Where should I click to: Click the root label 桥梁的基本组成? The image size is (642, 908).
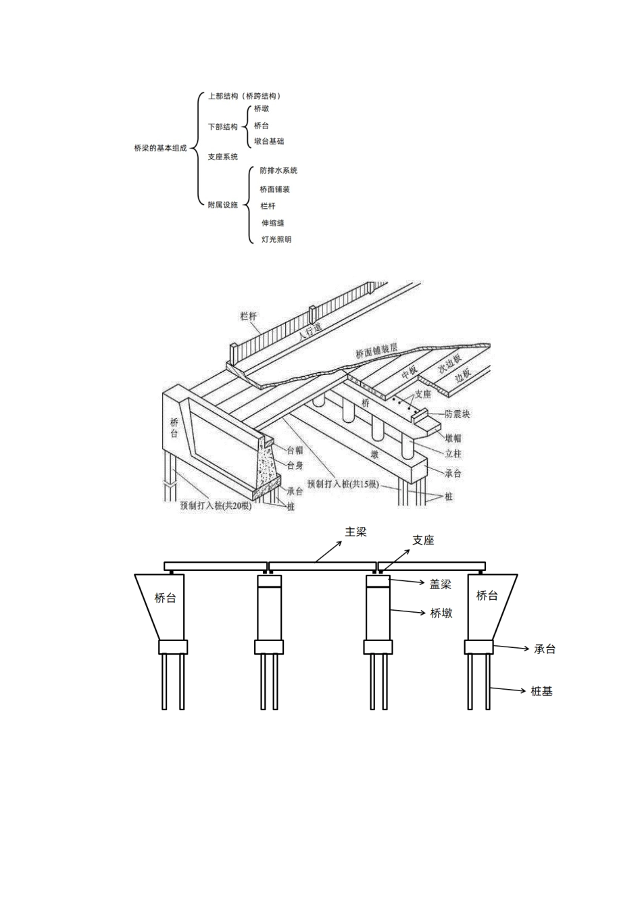160,149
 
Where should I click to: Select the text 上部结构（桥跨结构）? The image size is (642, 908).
245,96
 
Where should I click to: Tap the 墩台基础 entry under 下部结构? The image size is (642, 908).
269,141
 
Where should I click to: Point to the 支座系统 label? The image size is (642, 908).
222,157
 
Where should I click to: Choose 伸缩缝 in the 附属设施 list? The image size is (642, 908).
273,223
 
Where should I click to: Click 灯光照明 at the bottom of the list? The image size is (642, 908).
276,240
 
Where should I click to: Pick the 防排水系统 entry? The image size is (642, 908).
278,171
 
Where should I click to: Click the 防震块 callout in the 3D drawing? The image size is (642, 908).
457,414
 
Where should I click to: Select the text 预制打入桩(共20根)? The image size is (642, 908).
216,506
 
